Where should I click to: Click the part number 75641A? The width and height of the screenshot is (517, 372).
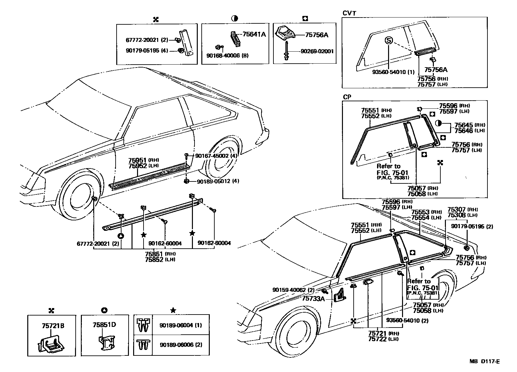tap(254, 34)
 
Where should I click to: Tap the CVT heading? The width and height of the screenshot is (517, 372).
tap(349, 13)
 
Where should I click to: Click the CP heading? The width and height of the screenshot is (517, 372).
tap(347, 97)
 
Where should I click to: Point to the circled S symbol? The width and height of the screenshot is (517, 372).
tap(389, 40)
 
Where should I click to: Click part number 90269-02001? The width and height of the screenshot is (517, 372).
tap(317, 51)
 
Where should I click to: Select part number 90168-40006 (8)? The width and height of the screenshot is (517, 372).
tap(227, 56)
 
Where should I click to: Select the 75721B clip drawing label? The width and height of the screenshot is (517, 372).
tap(53, 326)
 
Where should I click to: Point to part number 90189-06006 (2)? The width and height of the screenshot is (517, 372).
tap(181, 344)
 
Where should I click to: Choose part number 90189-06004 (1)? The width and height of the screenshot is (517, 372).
tap(181, 325)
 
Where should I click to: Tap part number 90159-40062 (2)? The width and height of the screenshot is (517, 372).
tap(294, 290)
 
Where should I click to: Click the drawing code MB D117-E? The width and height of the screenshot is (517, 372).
tap(484, 361)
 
